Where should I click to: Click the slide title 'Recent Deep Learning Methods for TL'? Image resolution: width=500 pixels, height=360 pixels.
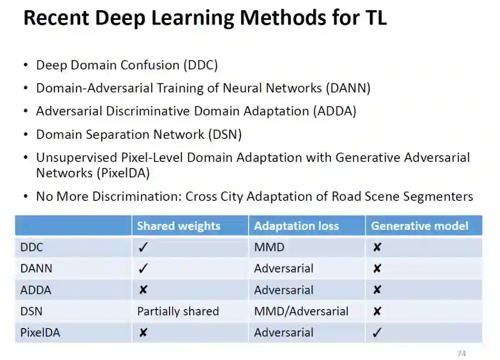pos(205,19)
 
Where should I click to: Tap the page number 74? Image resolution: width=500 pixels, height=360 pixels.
pos(461,354)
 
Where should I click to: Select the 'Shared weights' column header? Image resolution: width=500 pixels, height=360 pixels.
pos(178,226)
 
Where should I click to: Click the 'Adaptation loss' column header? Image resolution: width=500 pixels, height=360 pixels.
pos(296,226)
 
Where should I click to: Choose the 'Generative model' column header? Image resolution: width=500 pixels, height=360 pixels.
pos(419,226)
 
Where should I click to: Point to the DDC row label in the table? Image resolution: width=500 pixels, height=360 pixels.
pos(31,248)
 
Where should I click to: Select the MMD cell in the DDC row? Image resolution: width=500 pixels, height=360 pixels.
pos(269,248)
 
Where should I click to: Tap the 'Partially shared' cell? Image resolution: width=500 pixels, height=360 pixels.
pos(178,311)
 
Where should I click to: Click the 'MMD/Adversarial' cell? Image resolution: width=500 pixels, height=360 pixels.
pos(301,311)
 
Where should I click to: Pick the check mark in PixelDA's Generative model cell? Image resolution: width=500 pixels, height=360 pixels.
pos(377,333)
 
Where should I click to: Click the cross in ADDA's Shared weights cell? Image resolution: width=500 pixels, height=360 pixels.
pos(143,290)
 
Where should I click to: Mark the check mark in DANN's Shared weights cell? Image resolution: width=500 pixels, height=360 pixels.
pos(143,269)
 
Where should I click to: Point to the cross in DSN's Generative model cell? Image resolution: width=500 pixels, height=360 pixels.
pos(377,311)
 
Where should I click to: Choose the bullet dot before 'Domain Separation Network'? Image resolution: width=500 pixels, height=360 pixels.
pos(26,135)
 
